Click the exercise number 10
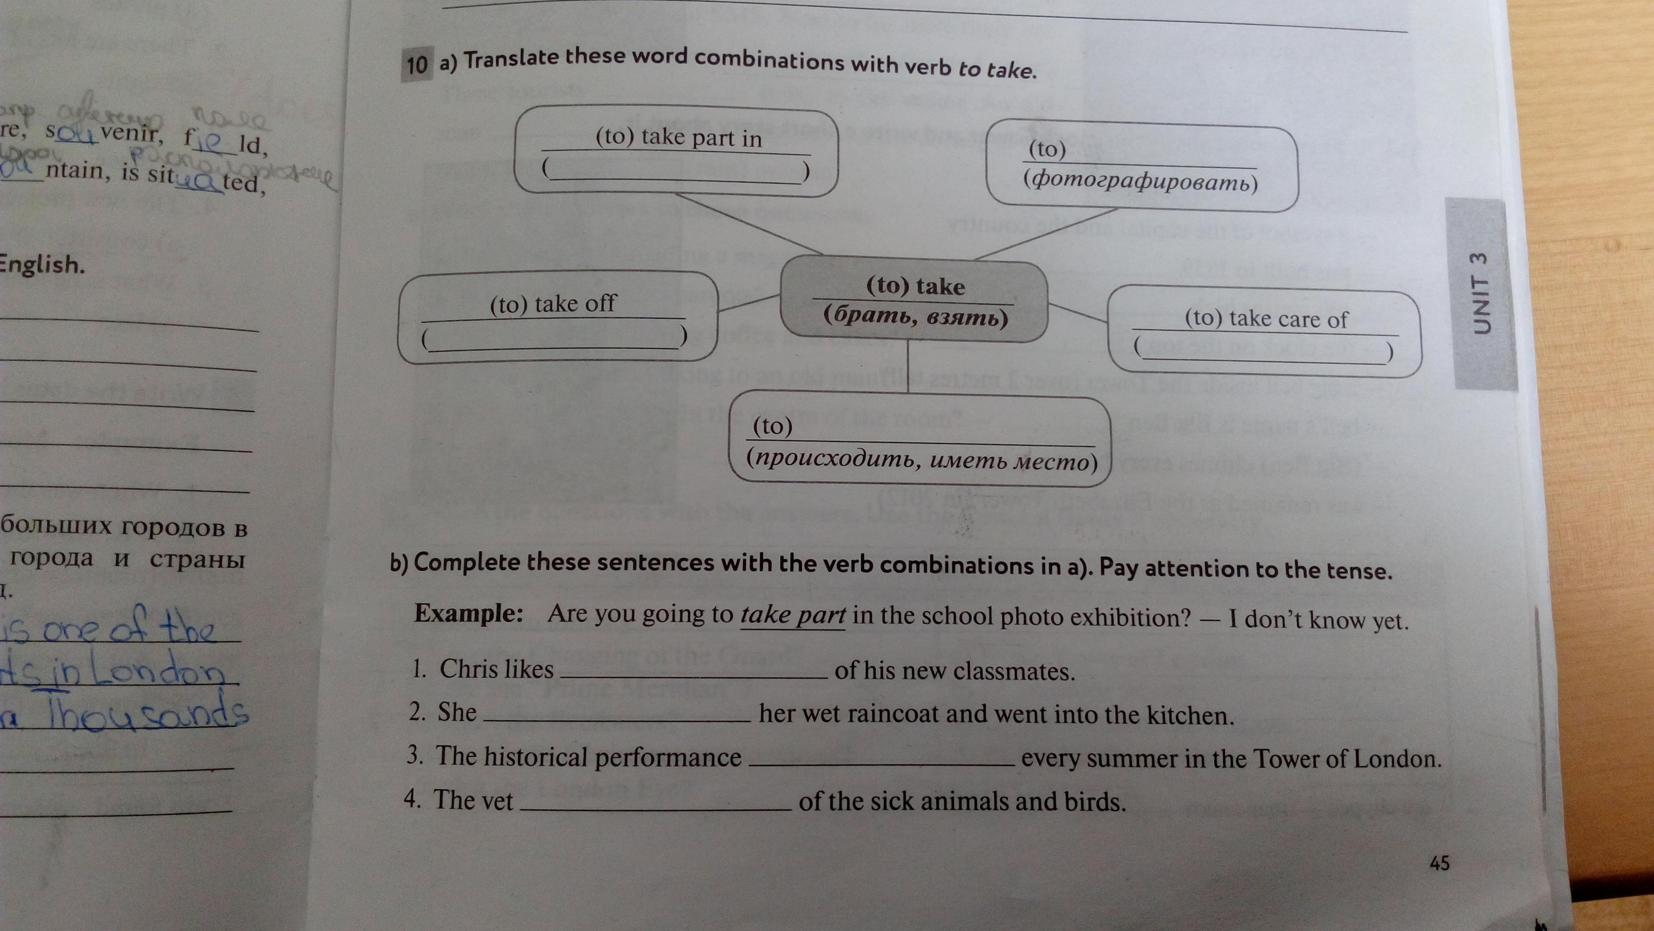(416, 64)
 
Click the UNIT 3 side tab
(1480, 294)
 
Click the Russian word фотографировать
(1140, 183)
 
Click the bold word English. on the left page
(42, 264)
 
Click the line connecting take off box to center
(748, 304)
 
